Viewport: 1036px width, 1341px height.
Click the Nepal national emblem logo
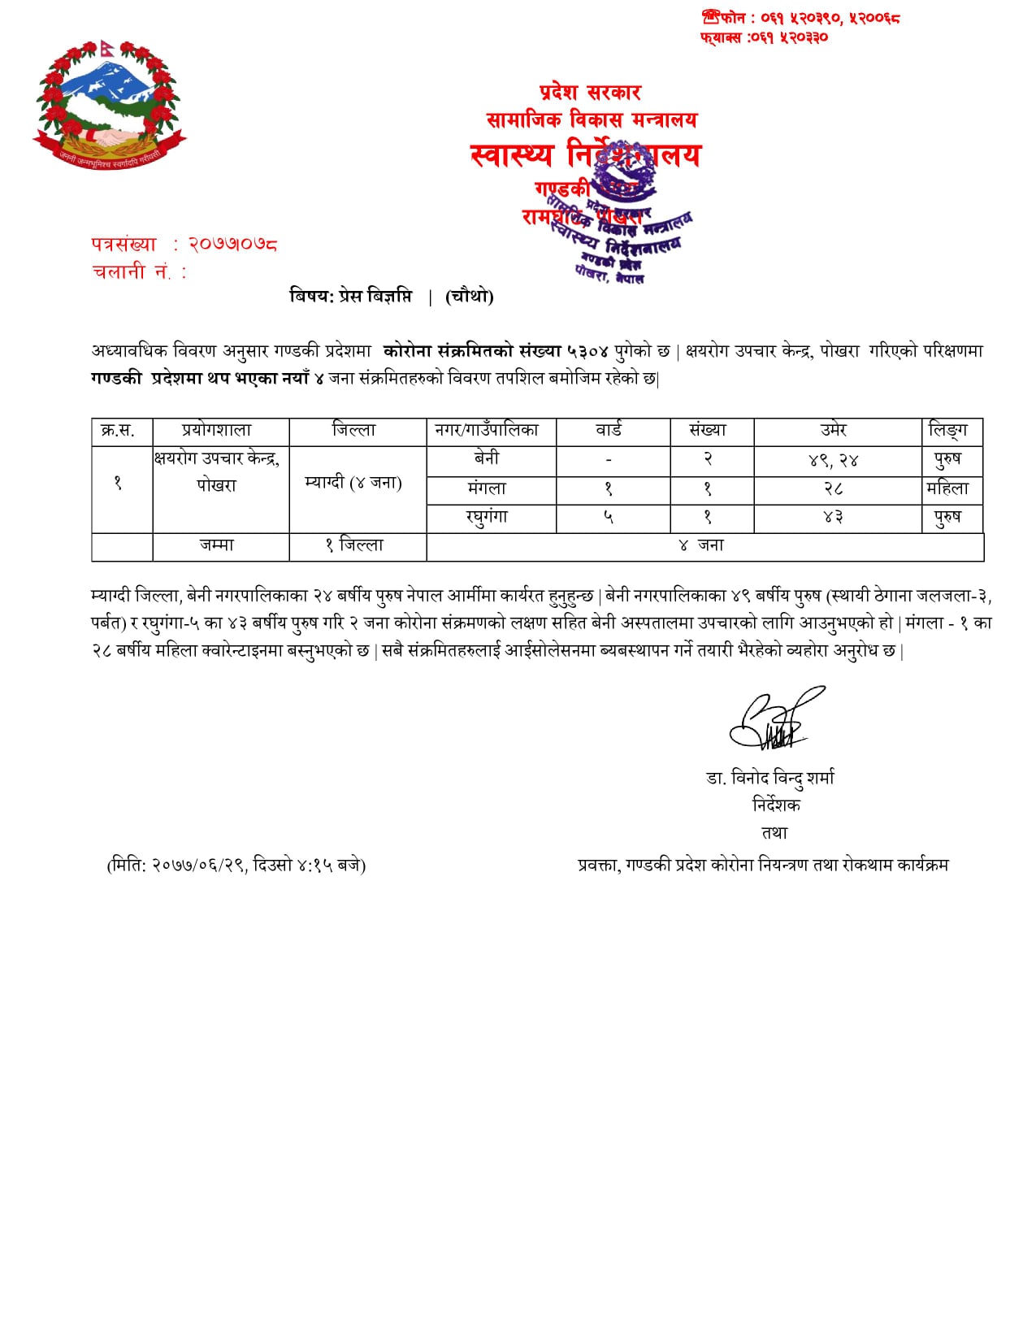pyautogui.click(x=109, y=104)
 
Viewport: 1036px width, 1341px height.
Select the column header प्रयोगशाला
pyautogui.click(x=217, y=431)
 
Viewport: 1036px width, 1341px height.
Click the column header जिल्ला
pyautogui.click(x=355, y=431)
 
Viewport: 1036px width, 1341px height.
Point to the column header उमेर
pyautogui.click(x=834, y=431)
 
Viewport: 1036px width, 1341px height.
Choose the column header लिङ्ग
pyautogui.click(x=948, y=431)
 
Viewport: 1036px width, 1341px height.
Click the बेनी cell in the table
pyautogui.click(x=487, y=459)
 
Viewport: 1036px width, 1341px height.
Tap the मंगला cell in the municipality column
pyautogui.click(x=487, y=488)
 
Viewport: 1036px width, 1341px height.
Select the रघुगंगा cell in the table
pyautogui.click(x=487, y=518)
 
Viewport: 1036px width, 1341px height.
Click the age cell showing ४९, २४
pyautogui.click(x=834, y=461)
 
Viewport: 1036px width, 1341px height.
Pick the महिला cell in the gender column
pyautogui.click(x=948, y=488)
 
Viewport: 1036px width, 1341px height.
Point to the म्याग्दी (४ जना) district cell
pyautogui.click(x=353, y=483)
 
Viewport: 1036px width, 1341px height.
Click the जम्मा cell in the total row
pyautogui.click(x=217, y=545)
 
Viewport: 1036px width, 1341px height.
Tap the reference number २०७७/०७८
pyautogui.click(x=233, y=244)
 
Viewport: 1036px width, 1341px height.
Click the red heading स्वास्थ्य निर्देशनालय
pyautogui.click(x=585, y=154)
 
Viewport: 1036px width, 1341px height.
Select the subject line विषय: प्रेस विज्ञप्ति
pyautogui.click(x=352, y=296)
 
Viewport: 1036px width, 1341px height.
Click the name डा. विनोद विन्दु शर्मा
pyautogui.click(x=770, y=779)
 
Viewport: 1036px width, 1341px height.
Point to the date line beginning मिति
pyautogui.click(x=236, y=866)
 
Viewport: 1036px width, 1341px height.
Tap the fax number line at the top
pyautogui.click(x=764, y=37)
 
